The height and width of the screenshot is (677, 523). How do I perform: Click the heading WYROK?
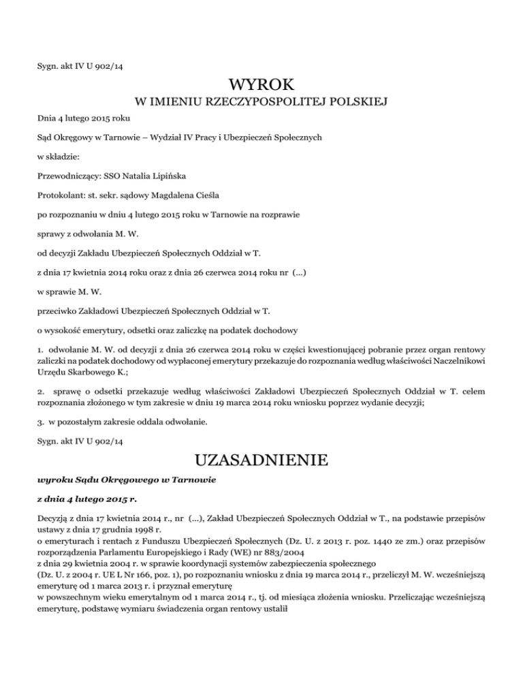261,85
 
